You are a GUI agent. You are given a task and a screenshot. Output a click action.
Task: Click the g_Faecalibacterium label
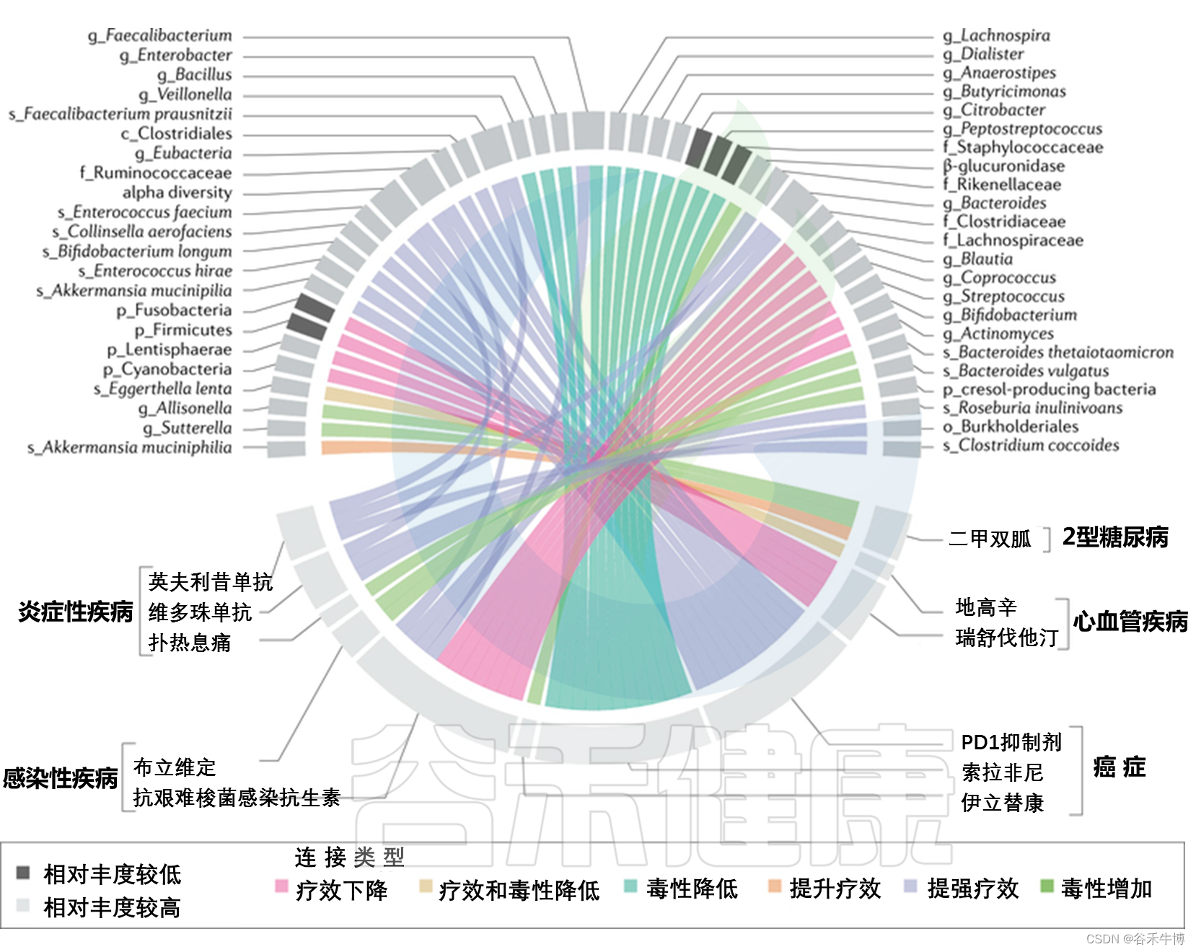[160, 35]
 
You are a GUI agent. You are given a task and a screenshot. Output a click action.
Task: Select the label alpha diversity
[177, 193]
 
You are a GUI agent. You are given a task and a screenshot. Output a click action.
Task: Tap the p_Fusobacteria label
[175, 310]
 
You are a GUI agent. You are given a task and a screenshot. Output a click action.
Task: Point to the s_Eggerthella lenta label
[163, 389]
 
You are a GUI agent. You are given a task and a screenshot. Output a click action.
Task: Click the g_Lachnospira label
[996, 35]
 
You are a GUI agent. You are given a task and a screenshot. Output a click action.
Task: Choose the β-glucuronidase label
[1003, 166]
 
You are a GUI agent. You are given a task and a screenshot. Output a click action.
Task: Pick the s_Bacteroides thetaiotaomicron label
[1058, 352]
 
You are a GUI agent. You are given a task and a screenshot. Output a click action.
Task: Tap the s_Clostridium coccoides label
[1031, 445]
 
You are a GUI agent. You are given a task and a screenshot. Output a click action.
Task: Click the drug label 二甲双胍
[990, 539]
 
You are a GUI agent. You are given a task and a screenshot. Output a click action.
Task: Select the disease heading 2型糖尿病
[1115, 537]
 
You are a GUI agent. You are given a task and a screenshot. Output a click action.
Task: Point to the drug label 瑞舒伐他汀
[1007, 638]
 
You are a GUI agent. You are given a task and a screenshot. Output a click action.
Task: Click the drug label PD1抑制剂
[1011, 742]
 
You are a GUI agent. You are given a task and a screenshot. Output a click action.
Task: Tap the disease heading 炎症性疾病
[75, 612]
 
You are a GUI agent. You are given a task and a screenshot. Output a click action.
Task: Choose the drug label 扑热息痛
[190, 643]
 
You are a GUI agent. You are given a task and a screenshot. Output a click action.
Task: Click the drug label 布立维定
[175, 767]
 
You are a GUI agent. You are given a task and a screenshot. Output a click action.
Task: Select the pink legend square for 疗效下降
[281, 886]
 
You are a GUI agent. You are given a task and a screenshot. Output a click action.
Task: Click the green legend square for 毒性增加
[1047, 886]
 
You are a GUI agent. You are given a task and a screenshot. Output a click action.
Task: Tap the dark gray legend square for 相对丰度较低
[23, 873]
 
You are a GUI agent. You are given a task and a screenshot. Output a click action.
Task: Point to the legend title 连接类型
[349, 857]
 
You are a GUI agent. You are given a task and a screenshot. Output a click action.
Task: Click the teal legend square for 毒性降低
[630, 886]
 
